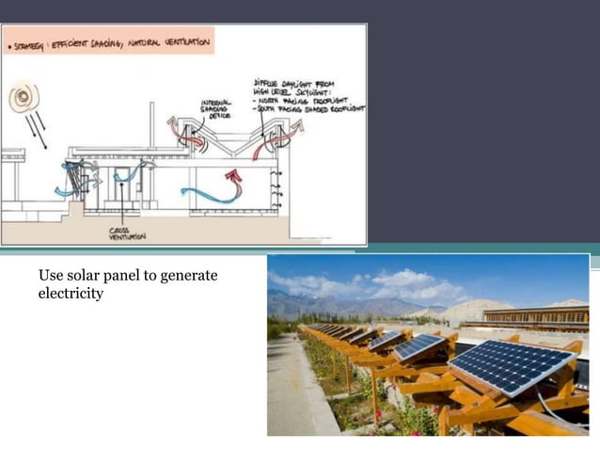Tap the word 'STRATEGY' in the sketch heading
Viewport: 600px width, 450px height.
[27, 42]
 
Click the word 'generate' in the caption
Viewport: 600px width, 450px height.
[190, 276]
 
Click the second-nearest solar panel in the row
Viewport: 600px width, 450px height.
[419, 346]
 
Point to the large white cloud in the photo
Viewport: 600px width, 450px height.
[404, 282]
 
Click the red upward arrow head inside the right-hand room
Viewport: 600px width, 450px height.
[235, 174]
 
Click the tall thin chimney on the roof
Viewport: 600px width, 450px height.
[152, 123]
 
